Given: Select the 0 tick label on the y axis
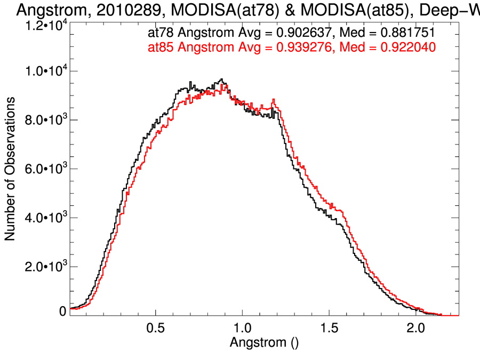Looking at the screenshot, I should tap(62, 311).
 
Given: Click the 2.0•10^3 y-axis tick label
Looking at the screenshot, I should tap(45, 267).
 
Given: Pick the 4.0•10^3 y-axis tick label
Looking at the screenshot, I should tap(45, 218).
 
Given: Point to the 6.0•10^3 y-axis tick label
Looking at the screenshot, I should tap(45, 169).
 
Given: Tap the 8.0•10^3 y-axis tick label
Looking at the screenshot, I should tap(45, 120).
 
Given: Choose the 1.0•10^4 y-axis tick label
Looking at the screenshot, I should tap(45, 71).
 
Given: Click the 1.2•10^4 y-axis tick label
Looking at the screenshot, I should tap(45, 24).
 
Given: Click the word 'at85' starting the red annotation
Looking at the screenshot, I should tap(160, 48).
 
